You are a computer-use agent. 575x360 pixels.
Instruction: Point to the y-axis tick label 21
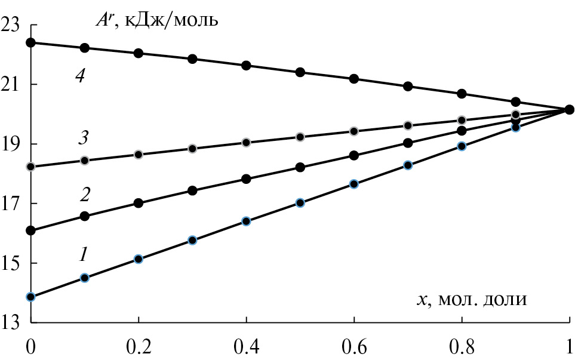point(12,84)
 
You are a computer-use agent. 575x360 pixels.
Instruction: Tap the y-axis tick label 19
point(12,144)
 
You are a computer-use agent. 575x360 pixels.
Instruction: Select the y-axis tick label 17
point(12,204)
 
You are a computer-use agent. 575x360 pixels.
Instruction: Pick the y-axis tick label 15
point(12,263)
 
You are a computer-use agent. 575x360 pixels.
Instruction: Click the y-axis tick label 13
point(12,323)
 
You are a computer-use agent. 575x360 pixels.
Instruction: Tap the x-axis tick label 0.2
point(138,348)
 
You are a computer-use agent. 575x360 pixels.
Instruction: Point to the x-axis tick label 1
point(568,348)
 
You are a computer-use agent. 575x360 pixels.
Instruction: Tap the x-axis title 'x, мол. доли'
point(472,297)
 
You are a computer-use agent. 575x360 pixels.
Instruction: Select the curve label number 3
point(83,138)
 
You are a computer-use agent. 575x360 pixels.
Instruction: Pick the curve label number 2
point(85,195)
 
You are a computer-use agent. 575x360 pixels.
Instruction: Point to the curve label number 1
point(84,254)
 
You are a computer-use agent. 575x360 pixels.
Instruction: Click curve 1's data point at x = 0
point(31,297)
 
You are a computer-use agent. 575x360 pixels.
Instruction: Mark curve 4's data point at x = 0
point(31,42)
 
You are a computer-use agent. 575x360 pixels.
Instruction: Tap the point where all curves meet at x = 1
point(569,109)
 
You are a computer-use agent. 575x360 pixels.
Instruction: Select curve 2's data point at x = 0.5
point(300,167)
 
